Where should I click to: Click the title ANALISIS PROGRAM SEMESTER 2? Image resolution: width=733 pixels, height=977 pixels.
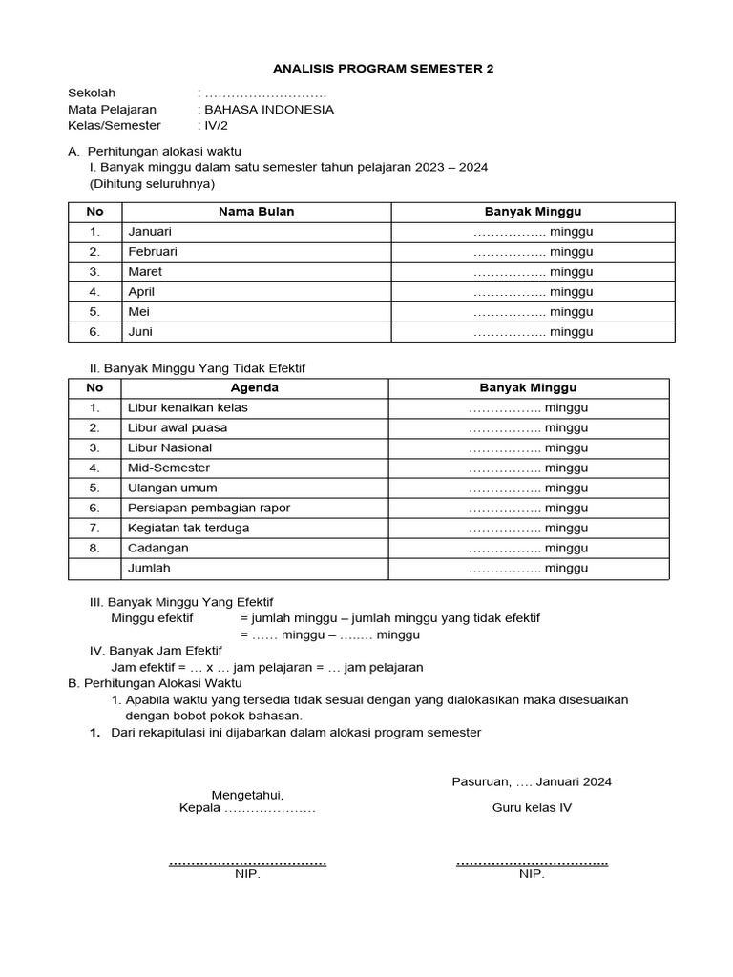tap(384, 69)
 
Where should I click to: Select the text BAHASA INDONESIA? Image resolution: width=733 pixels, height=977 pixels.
tap(268, 109)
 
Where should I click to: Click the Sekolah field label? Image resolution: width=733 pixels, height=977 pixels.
tap(92, 93)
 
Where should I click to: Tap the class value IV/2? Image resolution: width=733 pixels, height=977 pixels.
tap(213, 125)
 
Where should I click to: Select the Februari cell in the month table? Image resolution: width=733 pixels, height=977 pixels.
tap(153, 252)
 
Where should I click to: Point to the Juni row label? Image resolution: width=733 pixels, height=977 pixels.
tap(140, 332)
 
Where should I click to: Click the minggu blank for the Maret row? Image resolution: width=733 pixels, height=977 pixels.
tap(533, 272)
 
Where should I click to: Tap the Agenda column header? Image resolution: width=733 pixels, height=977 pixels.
tap(255, 387)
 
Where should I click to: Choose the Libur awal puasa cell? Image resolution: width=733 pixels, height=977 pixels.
tap(178, 427)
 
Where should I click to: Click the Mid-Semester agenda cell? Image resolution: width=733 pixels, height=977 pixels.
tap(169, 468)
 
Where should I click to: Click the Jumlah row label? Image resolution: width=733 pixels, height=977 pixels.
tap(151, 568)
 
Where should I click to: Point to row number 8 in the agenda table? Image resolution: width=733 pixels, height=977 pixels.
tap(94, 548)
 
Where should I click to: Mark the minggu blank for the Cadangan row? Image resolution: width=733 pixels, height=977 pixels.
tap(528, 548)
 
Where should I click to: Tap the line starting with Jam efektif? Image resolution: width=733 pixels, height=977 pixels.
tap(267, 667)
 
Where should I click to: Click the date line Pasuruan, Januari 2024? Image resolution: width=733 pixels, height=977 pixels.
tap(532, 781)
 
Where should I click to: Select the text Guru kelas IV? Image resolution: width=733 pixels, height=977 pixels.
tap(532, 808)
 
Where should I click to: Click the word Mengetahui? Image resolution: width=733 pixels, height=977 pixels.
tap(247, 794)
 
